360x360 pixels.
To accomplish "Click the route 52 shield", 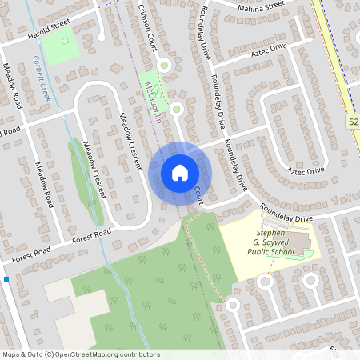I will coord(354,121).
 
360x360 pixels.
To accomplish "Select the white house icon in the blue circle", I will coord(180,173).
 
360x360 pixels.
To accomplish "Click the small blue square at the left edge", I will coord(6,279).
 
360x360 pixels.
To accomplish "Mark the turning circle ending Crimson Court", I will coord(164,65).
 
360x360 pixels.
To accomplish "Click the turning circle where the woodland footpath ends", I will coord(233,306).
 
